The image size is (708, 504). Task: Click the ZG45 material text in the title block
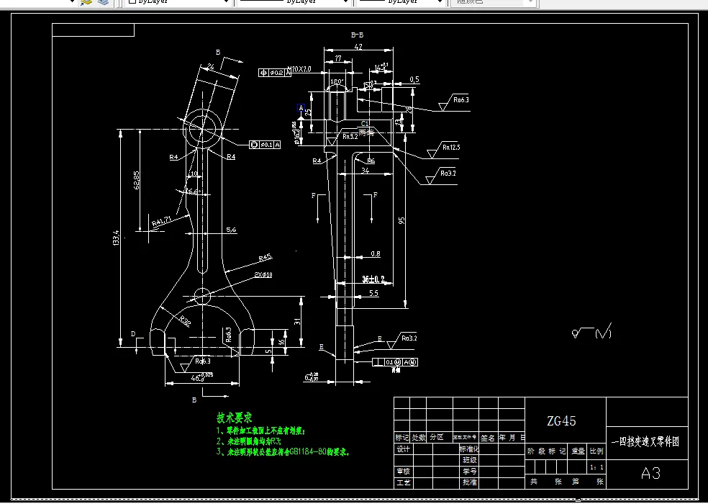pyautogui.click(x=561, y=421)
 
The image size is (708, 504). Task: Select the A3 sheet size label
pyautogui.click(x=650, y=473)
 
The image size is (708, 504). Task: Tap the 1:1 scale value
pyautogui.click(x=596, y=467)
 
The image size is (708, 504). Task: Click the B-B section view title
pyautogui.click(x=357, y=35)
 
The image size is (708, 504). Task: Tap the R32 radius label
pyautogui.click(x=185, y=322)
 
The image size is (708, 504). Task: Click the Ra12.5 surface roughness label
pyautogui.click(x=451, y=148)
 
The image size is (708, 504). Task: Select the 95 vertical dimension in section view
pyautogui.click(x=402, y=220)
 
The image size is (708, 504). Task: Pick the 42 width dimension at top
pyautogui.click(x=358, y=48)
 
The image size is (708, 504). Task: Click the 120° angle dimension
pyautogui.click(x=336, y=81)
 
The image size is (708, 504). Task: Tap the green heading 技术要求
pyautogui.click(x=235, y=418)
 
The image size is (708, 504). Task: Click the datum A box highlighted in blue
pyautogui.click(x=301, y=108)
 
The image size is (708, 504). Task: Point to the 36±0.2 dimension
pyautogui.click(x=373, y=278)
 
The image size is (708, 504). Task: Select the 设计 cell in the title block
pyautogui.click(x=403, y=449)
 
